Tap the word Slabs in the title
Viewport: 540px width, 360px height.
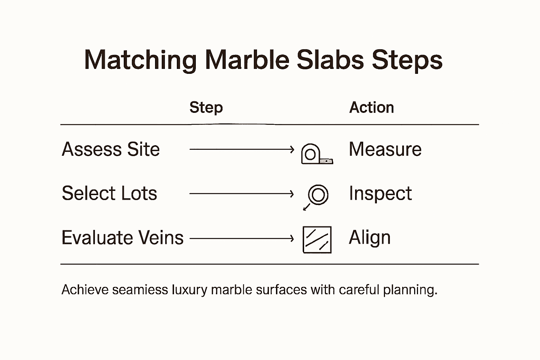coord(330,60)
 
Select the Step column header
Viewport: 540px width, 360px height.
coord(206,107)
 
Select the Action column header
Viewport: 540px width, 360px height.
coord(372,107)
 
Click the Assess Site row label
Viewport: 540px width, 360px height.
coord(111,149)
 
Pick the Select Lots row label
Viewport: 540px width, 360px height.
coord(109,193)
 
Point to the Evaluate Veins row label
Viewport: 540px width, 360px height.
coord(122,238)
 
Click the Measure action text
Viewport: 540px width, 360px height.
coord(385,149)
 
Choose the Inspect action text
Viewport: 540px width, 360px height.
coord(380,193)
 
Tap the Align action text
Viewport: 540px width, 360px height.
coord(369,238)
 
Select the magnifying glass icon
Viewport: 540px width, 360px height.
coord(316,196)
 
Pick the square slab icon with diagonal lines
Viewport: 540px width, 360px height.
coord(317,240)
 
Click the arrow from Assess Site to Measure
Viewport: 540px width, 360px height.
coord(242,149)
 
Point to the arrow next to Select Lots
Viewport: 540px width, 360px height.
coord(242,194)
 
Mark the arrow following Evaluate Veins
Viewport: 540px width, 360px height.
coord(242,239)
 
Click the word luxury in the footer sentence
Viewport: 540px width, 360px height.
coord(189,290)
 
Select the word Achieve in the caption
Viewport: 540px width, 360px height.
coord(85,290)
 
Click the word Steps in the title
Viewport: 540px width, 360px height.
coord(407,60)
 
